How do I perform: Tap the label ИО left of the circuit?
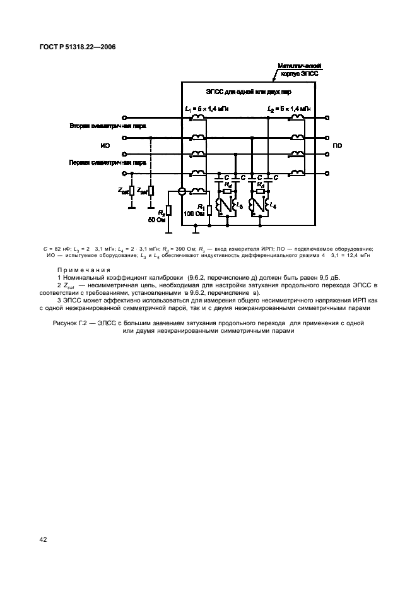pos(105,145)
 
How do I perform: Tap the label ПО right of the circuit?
pos(338,145)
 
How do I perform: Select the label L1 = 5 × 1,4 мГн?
pos(207,109)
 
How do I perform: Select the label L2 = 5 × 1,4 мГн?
pos(288,109)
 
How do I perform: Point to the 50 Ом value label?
pos(156,220)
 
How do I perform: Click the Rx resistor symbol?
pos(169,209)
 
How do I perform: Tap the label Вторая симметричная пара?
pos(108,126)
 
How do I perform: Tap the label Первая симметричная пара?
pos(108,162)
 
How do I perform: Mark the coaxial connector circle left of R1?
pos(182,191)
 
